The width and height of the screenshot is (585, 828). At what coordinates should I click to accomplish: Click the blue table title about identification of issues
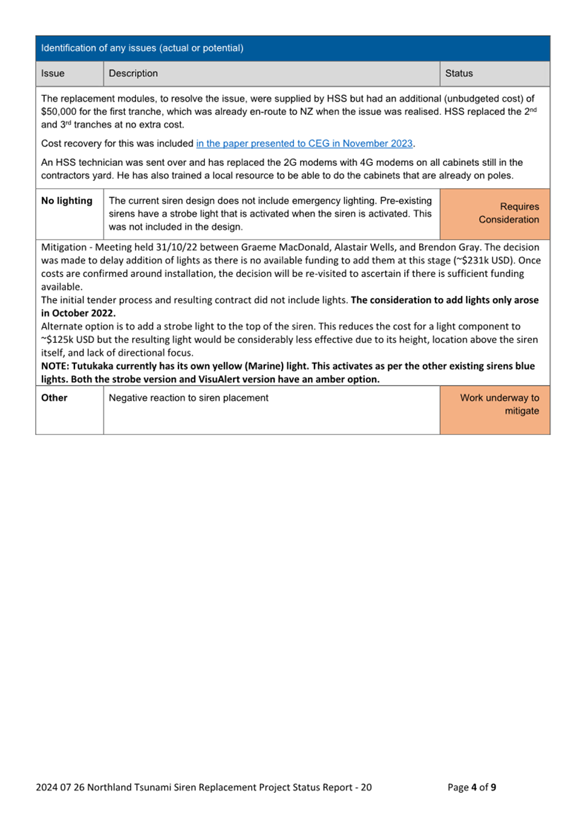click(x=142, y=48)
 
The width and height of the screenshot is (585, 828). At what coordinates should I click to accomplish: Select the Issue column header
click(x=53, y=73)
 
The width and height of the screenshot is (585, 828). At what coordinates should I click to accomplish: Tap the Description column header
click(x=133, y=73)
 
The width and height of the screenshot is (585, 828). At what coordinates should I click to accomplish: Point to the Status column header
click(x=459, y=73)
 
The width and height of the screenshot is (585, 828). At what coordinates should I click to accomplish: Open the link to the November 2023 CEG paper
click(x=304, y=143)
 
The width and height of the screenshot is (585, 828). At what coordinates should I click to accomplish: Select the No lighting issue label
click(x=67, y=201)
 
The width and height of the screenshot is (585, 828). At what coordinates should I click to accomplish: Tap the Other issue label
click(x=54, y=398)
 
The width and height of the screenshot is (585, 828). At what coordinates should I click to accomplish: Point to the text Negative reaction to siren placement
click(x=189, y=398)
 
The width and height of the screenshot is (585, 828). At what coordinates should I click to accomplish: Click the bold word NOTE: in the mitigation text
click(x=55, y=367)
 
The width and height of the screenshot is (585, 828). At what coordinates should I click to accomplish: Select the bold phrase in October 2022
click(x=78, y=313)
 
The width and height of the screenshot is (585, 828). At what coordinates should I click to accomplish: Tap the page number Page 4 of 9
click(x=472, y=787)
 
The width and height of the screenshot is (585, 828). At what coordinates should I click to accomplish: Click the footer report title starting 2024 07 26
click(x=203, y=787)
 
